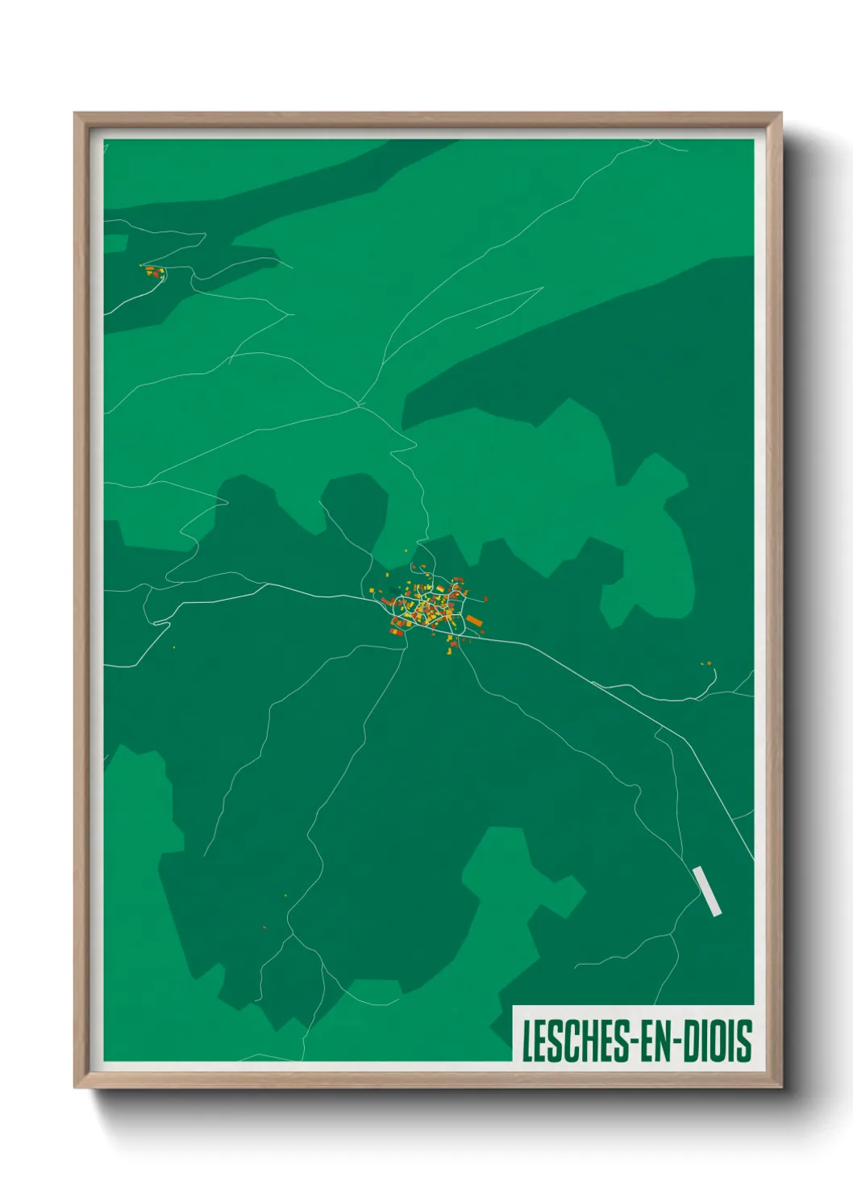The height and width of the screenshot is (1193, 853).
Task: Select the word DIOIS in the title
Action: click(718, 1041)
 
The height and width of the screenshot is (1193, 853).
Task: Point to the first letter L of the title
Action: click(527, 1041)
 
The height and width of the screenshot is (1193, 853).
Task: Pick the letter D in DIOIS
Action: click(693, 1041)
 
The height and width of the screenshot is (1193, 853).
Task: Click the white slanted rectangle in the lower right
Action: click(706, 891)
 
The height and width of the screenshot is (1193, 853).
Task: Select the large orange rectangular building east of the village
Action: click(474, 621)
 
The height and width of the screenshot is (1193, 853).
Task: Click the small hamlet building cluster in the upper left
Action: click(153, 271)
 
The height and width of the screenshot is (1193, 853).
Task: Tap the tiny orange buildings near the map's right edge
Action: click(706, 663)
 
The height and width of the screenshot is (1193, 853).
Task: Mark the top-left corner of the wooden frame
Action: click(75, 114)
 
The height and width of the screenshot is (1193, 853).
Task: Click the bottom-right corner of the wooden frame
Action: click(780, 1087)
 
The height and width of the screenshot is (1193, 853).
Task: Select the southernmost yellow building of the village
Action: click(450, 648)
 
